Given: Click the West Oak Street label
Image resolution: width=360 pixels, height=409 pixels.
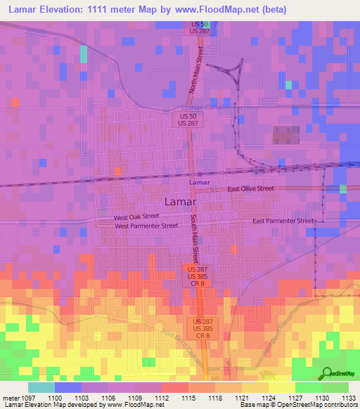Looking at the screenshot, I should [137, 218].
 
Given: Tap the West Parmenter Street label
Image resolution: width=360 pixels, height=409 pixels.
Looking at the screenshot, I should [146, 226].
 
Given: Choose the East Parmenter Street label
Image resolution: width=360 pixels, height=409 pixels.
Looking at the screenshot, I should [283, 221].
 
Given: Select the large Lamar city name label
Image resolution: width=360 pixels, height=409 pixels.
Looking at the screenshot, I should [180, 202].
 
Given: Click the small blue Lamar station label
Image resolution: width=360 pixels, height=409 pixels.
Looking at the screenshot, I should [200, 183].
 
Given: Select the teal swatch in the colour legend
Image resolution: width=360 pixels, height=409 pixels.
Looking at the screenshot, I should [41, 387].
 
